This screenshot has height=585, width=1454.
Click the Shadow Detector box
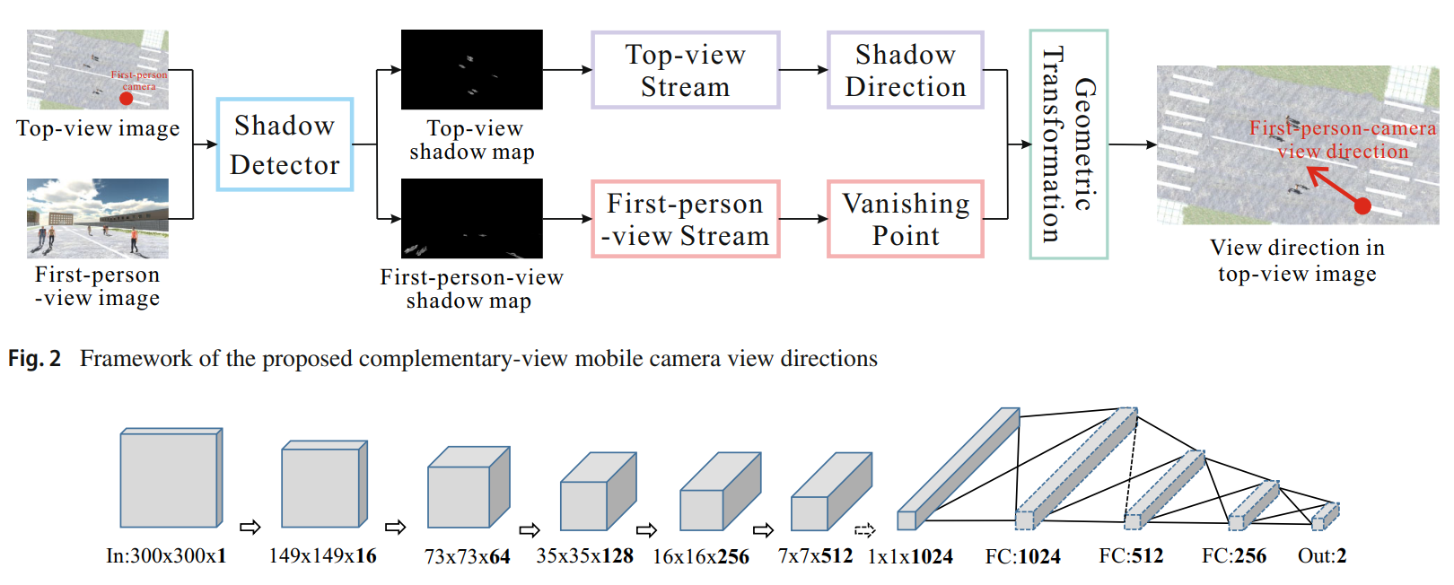[x=285, y=144]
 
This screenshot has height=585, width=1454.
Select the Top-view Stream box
[x=685, y=70]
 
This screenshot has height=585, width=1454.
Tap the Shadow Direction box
[x=905, y=70]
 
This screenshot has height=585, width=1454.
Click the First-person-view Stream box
[x=685, y=219]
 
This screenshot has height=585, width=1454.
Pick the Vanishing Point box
[x=905, y=219]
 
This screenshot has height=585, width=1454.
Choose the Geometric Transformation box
[x=1068, y=144]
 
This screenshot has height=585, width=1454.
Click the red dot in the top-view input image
[x=127, y=98]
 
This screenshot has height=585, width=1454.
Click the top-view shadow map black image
[x=471, y=69]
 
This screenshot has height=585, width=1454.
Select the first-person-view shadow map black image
[x=471, y=218]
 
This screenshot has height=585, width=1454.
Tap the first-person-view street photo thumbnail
[x=97, y=218]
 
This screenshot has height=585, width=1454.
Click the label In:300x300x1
[x=166, y=556]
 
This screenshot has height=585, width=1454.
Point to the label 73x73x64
[x=467, y=557]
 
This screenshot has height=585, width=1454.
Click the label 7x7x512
[x=815, y=556]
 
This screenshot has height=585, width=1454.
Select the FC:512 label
[x=1131, y=556]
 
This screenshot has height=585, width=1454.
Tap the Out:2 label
[x=1321, y=556]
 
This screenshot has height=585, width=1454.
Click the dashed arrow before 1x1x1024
[x=864, y=530]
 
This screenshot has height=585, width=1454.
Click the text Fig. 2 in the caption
[x=34, y=359]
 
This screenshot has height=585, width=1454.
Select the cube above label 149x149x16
[x=323, y=485]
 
